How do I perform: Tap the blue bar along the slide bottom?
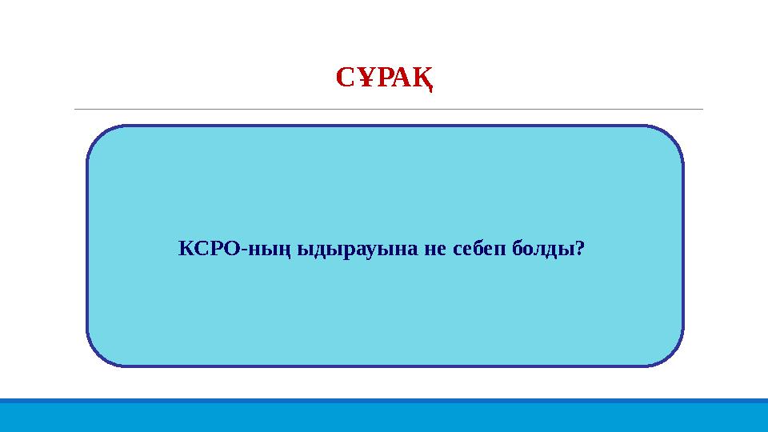(x=384, y=415)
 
